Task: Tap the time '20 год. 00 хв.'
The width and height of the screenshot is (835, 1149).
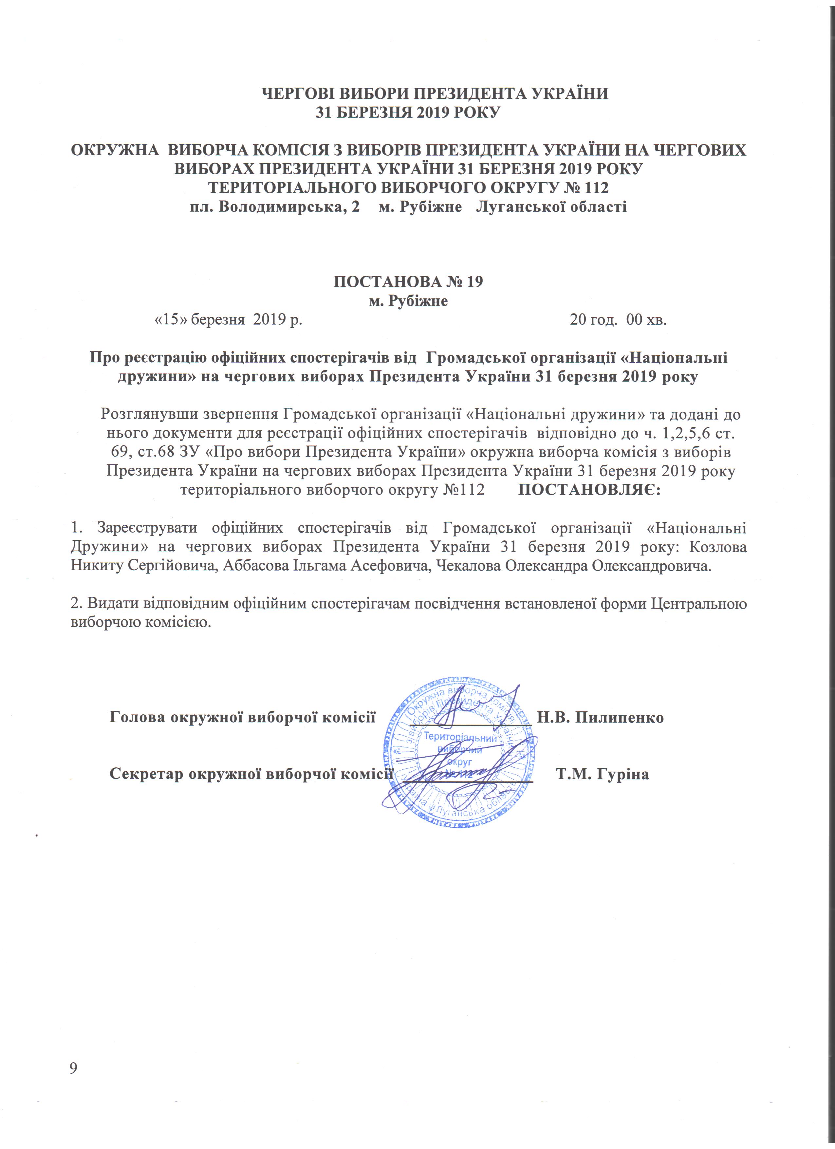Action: pyautogui.click(x=618, y=320)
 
